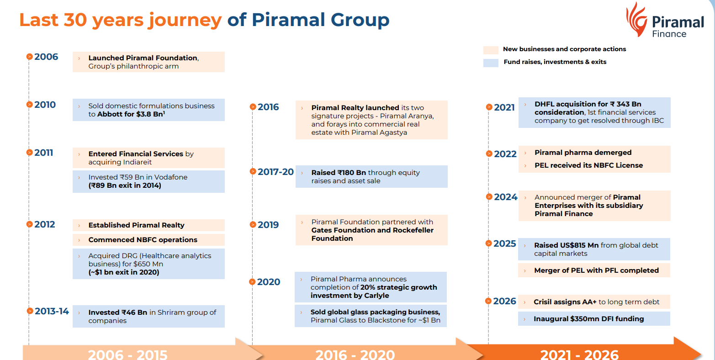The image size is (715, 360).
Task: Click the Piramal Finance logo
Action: (x=664, y=21)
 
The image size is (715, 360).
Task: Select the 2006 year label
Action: (x=46, y=57)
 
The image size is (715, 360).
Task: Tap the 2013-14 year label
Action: (x=52, y=312)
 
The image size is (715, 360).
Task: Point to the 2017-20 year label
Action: (x=275, y=172)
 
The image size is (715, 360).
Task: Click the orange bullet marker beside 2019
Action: (x=253, y=225)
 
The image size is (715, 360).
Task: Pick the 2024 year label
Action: (x=505, y=197)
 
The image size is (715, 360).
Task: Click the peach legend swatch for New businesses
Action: (x=491, y=50)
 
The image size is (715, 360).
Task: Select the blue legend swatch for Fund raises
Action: (x=491, y=63)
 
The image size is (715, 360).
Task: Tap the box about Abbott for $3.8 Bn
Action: (x=148, y=110)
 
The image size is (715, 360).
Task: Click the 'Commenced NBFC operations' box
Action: (x=148, y=240)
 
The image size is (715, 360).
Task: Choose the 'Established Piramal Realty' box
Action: (x=148, y=225)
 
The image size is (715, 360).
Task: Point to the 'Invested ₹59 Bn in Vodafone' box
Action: (x=148, y=181)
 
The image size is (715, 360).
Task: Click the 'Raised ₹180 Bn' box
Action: (x=371, y=177)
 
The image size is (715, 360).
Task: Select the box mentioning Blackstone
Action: (x=371, y=316)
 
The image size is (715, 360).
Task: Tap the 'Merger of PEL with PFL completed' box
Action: (x=594, y=270)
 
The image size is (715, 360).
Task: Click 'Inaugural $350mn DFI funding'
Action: (x=594, y=319)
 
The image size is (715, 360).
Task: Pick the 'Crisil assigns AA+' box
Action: (x=594, y=302)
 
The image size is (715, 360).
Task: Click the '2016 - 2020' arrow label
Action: (x=355, y=354)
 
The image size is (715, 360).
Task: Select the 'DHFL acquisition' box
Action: (x=594, y=112)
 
